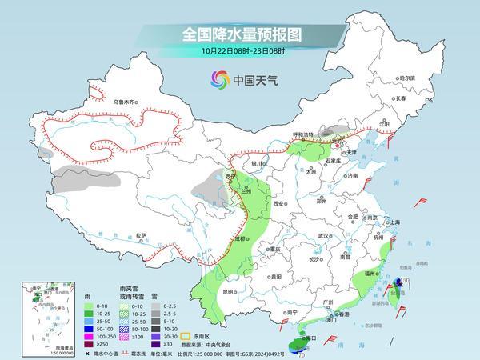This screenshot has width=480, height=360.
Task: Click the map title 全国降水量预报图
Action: pyautogui.click(x=239, y=35)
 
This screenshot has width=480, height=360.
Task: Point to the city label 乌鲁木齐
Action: pyautogui.click(x=126, y=102)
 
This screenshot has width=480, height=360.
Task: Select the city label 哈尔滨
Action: pyautogui.click(x=407, y=78)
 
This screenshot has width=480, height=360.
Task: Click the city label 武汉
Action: pyautogui.click(x=323, y=236)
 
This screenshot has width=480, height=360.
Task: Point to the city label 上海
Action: pyautogui.click(x=392, y=222)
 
